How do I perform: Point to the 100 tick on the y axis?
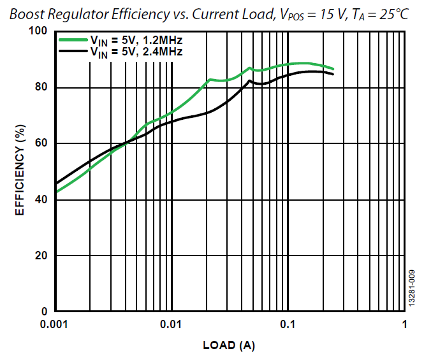pos(40,32)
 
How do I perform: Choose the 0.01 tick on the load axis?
pos(171,324)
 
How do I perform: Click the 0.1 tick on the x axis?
pos(288,324)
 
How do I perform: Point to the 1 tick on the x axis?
pos(404,324)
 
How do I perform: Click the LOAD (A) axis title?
pos(229,346)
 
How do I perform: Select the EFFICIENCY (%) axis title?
pos(20,171)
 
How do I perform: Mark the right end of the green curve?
pos(333,69)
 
